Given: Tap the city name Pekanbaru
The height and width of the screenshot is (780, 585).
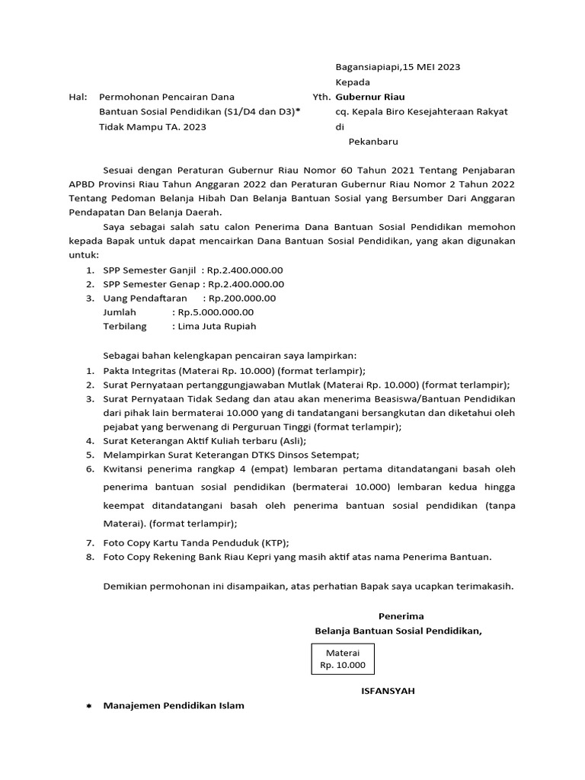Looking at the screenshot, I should (373, 141).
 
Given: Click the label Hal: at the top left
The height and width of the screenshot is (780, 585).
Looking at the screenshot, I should (78, 97).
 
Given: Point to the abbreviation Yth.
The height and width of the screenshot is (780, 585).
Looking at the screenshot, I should (321, 97).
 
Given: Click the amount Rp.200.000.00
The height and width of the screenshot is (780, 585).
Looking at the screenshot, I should (242, 298).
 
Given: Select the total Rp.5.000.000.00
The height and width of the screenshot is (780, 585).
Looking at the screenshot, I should (216, 312).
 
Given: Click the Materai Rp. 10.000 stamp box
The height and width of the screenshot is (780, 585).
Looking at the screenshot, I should (343, 659).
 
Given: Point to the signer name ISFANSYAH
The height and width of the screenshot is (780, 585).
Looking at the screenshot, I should (388, 691).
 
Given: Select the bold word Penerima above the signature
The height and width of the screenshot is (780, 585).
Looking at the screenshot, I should (401, 615).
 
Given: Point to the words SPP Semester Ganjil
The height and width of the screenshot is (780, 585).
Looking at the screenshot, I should (149, 270).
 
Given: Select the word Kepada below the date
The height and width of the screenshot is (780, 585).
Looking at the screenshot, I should (353, 82).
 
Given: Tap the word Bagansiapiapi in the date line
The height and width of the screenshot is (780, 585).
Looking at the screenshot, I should (369, 66).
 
